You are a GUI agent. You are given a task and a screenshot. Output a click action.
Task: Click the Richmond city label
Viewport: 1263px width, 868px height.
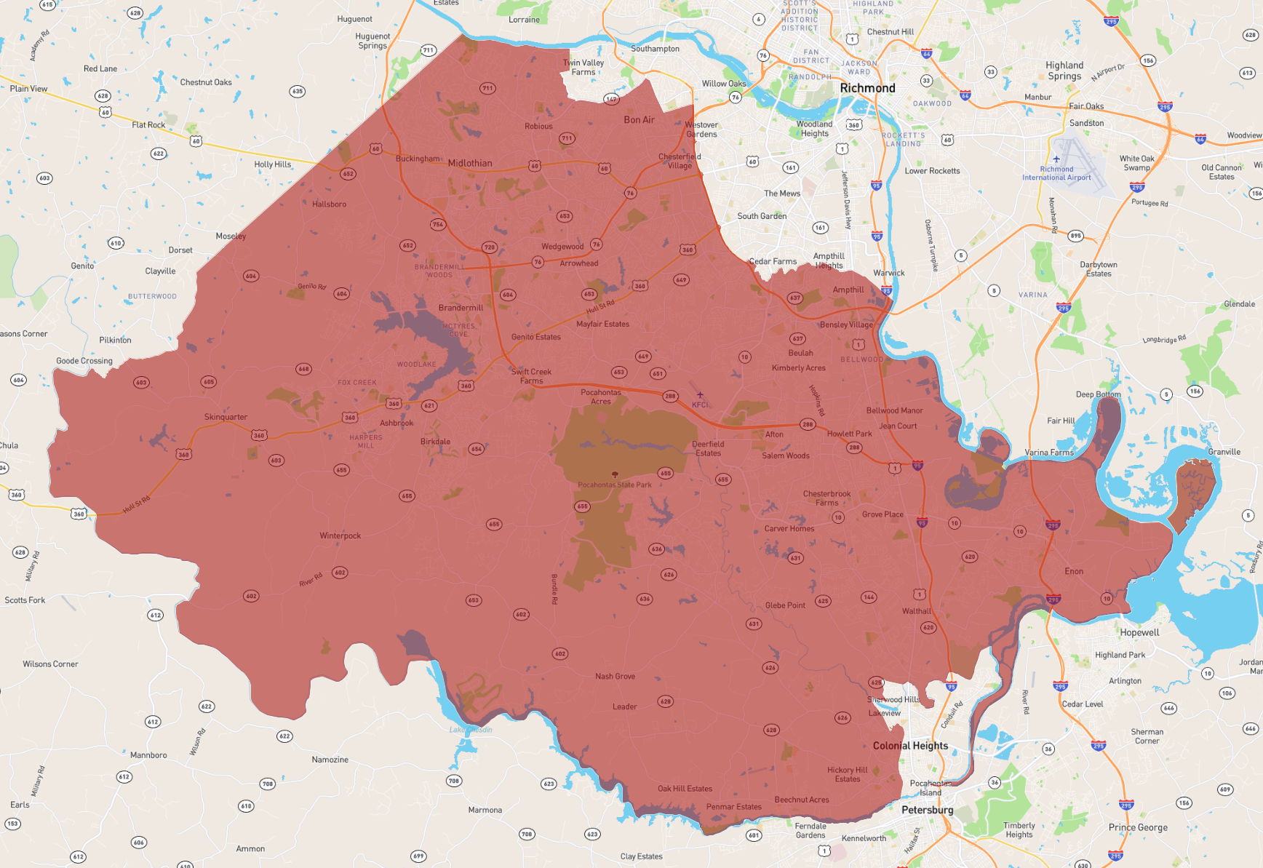click(867, 88)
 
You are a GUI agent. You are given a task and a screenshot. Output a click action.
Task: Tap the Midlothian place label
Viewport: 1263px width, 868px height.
click(470, 163)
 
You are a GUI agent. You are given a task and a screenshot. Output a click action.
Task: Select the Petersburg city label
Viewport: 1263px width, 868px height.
click(927, 810)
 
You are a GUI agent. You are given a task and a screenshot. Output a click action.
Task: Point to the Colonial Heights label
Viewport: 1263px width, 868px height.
click(910, 746)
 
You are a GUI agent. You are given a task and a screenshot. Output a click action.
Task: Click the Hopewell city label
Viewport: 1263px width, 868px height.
click(1139, 632)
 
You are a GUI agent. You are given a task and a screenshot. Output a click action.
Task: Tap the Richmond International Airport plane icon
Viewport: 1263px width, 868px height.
click(1056, 159)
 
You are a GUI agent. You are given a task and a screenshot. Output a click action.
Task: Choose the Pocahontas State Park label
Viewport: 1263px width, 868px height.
click(615, 485)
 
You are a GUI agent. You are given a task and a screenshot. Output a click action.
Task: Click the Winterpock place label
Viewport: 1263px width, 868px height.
click(340, 535)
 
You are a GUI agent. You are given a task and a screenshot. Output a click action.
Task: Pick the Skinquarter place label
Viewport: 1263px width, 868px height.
click(226, 417)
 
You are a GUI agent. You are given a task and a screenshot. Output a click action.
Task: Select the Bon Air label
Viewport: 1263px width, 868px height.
click(639, 120)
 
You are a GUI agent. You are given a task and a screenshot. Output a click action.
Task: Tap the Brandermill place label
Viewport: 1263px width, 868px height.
click(461, 308)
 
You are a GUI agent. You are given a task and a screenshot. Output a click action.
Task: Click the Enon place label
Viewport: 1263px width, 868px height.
click(1074, 571)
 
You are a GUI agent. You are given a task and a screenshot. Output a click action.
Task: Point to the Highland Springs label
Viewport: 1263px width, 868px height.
click(1064, 71)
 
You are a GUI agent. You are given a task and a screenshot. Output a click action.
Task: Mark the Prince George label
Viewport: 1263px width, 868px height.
click(1138, 827)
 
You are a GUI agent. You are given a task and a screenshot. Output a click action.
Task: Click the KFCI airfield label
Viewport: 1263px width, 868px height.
click(700, 405)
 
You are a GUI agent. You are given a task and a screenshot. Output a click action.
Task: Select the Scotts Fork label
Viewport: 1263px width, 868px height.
click(25, 600)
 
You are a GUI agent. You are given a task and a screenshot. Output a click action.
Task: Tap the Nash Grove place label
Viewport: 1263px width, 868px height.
click(615, 676)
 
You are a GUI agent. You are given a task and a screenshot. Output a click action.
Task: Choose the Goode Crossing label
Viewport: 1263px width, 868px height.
click(84, 361)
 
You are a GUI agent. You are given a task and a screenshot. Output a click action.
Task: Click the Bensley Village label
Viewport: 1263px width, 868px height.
click(846, 324)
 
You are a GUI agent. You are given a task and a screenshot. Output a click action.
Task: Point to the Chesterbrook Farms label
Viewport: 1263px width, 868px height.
click(826, 498)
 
